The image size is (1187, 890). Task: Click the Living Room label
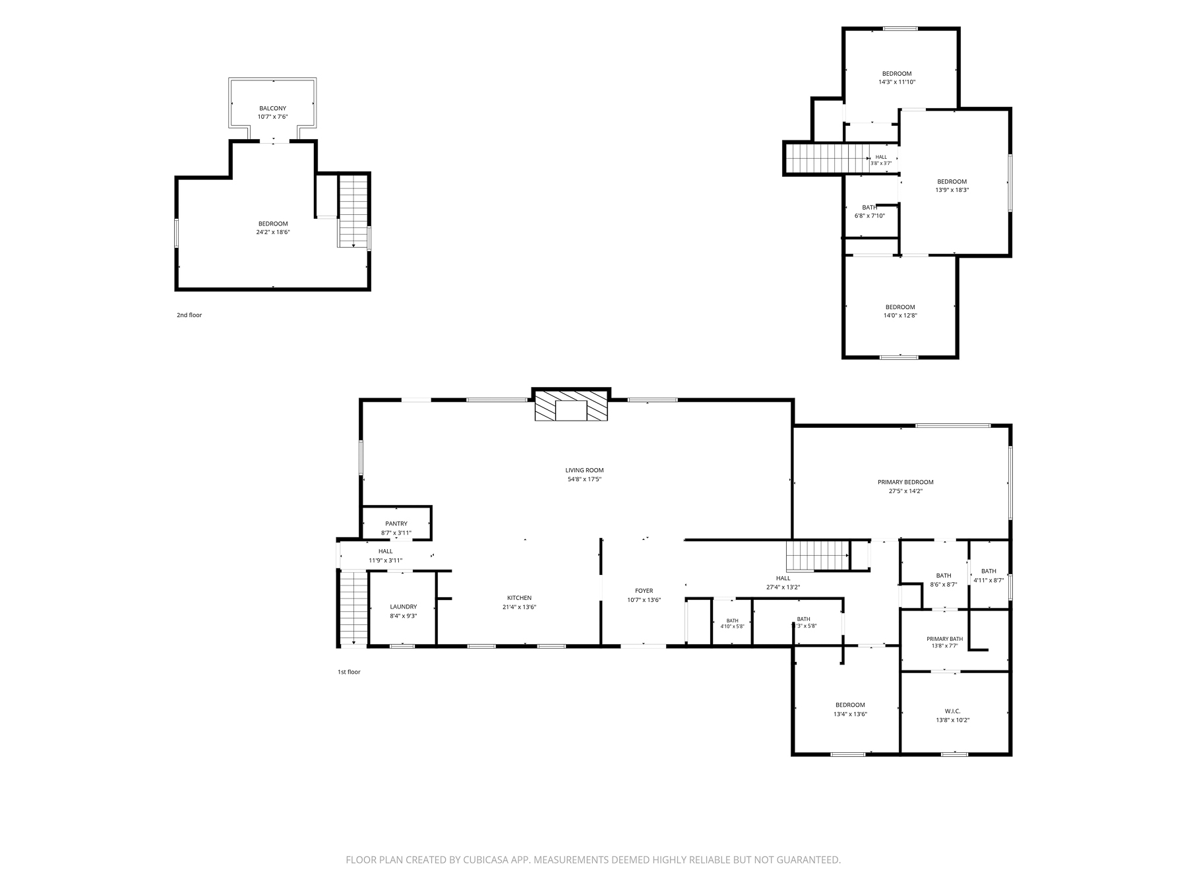[584, 470]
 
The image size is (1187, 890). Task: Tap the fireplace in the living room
[571, 405]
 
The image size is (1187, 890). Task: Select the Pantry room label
[396, 523]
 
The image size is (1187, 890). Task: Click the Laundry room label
[403, 607]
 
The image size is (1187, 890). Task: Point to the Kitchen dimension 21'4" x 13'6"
[519, 607]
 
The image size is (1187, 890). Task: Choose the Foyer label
[644, 591]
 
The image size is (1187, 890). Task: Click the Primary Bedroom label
[905, 482]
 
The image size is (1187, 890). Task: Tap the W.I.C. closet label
[952, 711]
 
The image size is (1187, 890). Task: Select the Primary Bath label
[944, 639]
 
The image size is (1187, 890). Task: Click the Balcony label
[272, 108]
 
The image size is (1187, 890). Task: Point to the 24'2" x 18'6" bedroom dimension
[273, 232]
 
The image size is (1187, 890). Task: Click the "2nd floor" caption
[189, 315]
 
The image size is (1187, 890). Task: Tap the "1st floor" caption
[349, 672]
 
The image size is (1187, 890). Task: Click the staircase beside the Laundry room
[353, 608]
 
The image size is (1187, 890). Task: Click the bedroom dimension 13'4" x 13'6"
[850, 714]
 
